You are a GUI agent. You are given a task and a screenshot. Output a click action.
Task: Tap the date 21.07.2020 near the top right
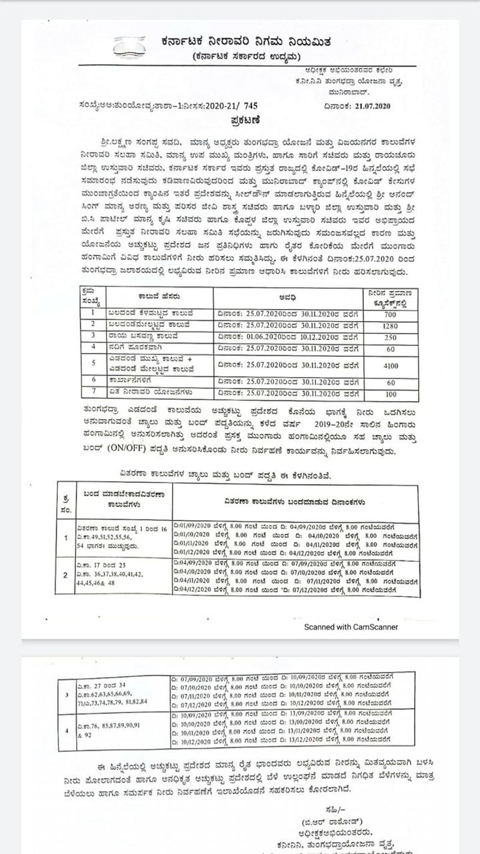(x=370, y=106)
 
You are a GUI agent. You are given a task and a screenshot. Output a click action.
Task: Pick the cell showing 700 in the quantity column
(x=391, y=314)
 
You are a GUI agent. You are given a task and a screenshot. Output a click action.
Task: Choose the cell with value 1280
(x=391, y=325)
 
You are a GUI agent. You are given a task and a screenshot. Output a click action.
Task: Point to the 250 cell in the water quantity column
(x=391, y=338)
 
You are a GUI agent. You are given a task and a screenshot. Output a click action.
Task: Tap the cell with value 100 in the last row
(x=391, y=394)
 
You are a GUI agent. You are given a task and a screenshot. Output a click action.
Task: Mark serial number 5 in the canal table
(x=93, y=363)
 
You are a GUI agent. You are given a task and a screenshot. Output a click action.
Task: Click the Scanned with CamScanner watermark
(x=351, y=627)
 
